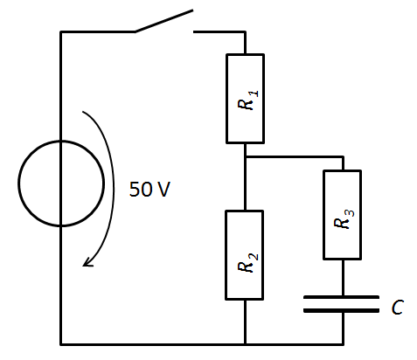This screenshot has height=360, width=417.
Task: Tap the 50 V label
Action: pos(149,190)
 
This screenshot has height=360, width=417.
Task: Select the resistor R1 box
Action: pos(226,99)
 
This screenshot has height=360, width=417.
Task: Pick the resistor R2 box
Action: pos(226,255)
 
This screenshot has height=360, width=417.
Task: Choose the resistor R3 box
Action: pos(323,215)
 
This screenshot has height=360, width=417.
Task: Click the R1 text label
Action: pos(247,100)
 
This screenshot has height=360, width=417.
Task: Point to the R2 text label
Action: pos(247,263)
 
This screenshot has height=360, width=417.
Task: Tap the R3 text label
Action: pos(344,219)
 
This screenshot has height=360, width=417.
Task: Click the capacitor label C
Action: pos(398,308)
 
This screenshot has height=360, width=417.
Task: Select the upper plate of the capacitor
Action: pos(341,297)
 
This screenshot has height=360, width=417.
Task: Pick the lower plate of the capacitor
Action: pos(341,311)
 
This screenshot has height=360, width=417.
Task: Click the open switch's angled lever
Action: pos(163,21)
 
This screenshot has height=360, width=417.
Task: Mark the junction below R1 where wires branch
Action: pos(246,157)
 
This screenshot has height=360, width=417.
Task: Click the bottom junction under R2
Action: pos(246,344)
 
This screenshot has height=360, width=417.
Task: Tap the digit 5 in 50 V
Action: pos(134,190)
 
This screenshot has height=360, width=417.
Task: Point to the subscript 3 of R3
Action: pos(351,213)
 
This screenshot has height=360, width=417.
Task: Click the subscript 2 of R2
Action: pos(254,257)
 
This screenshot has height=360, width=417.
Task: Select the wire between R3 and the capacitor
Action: pos(343,278)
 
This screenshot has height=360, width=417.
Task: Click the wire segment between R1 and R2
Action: pos(246,177)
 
